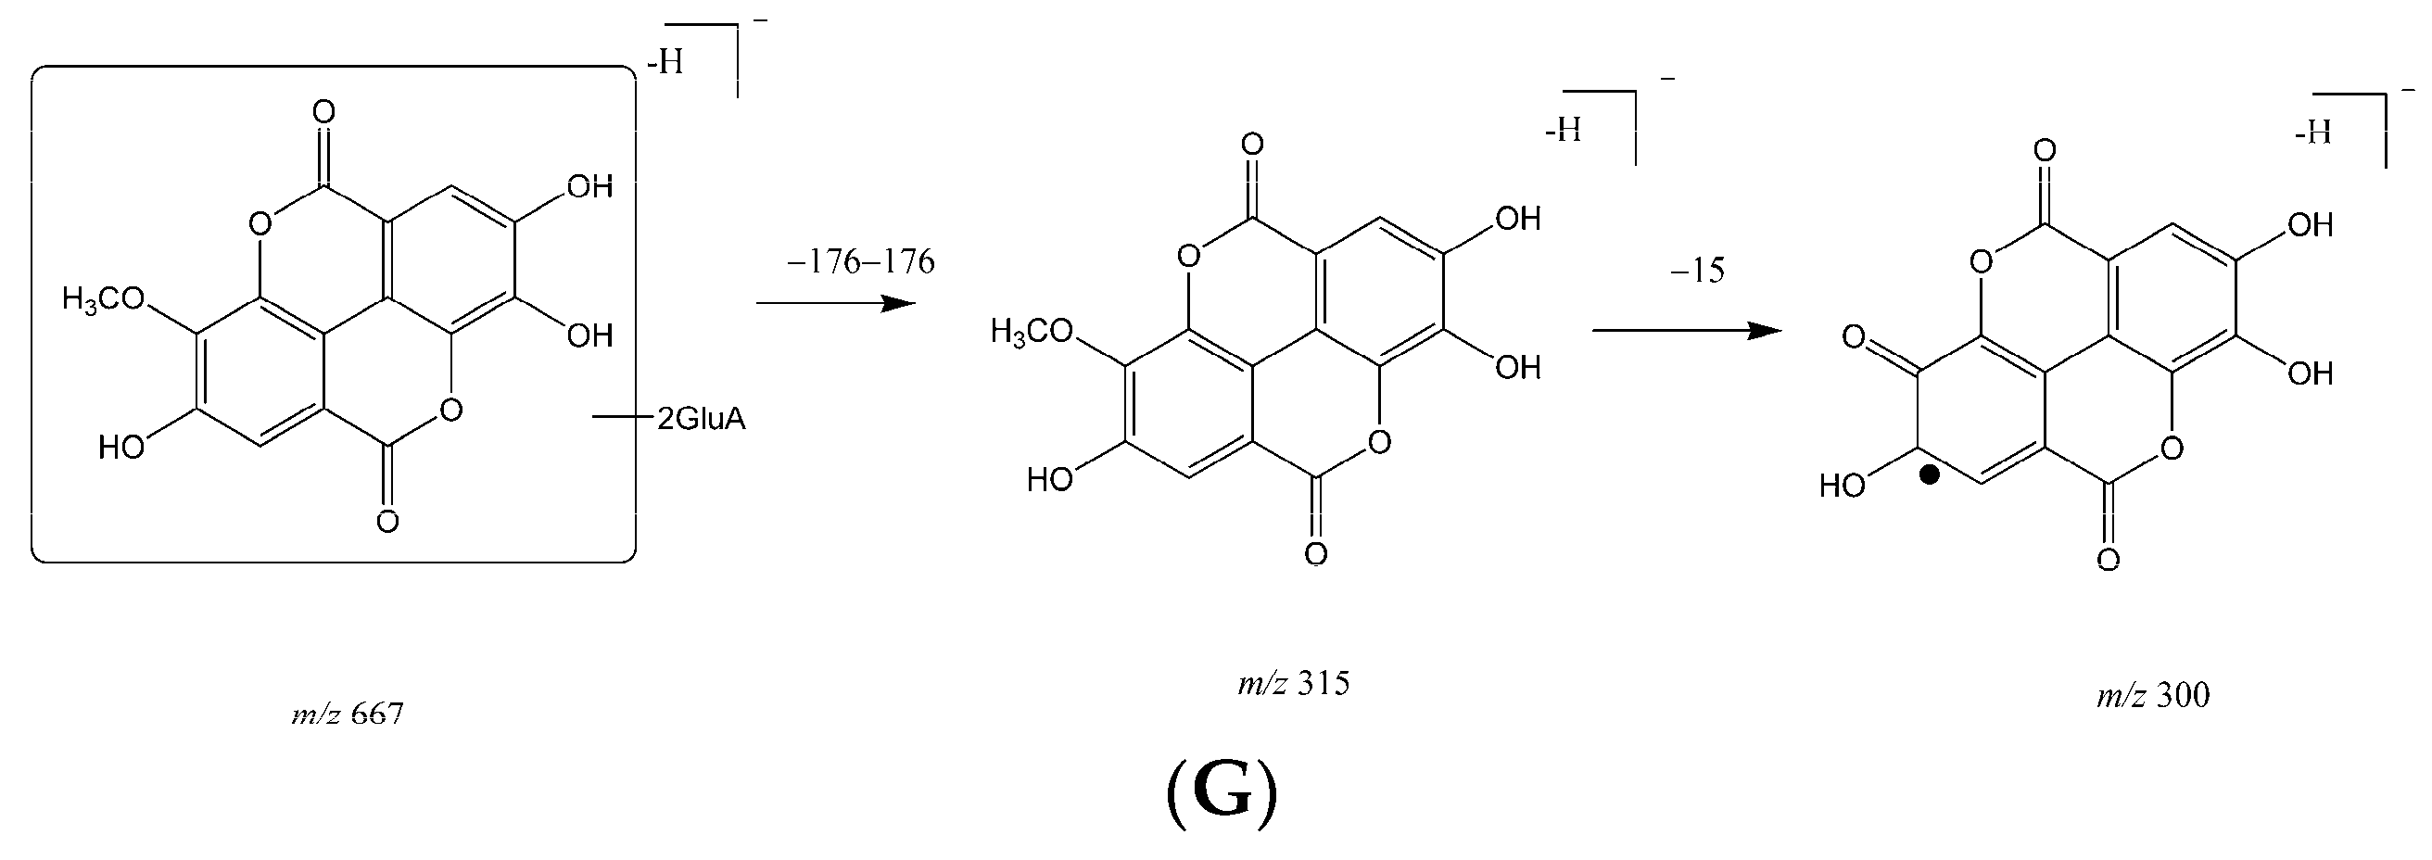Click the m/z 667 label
(348, 714)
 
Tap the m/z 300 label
(2152, 696)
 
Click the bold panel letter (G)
(1222, 793)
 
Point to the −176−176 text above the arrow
(860, 261)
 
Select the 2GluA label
(701, 418)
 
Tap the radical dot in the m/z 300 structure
(1930, 475)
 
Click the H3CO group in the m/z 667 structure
(104, 300)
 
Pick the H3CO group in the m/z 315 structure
(1032, 332)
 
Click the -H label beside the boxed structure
(665, 64)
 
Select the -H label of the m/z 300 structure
(2313, 133)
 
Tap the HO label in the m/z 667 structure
(121, 448)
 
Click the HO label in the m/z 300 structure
(1843, 487)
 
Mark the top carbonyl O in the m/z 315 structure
(1253, 145)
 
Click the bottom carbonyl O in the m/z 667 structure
(387, 521)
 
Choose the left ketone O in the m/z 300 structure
(1855, 337)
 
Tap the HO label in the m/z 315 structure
(1050, 480)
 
